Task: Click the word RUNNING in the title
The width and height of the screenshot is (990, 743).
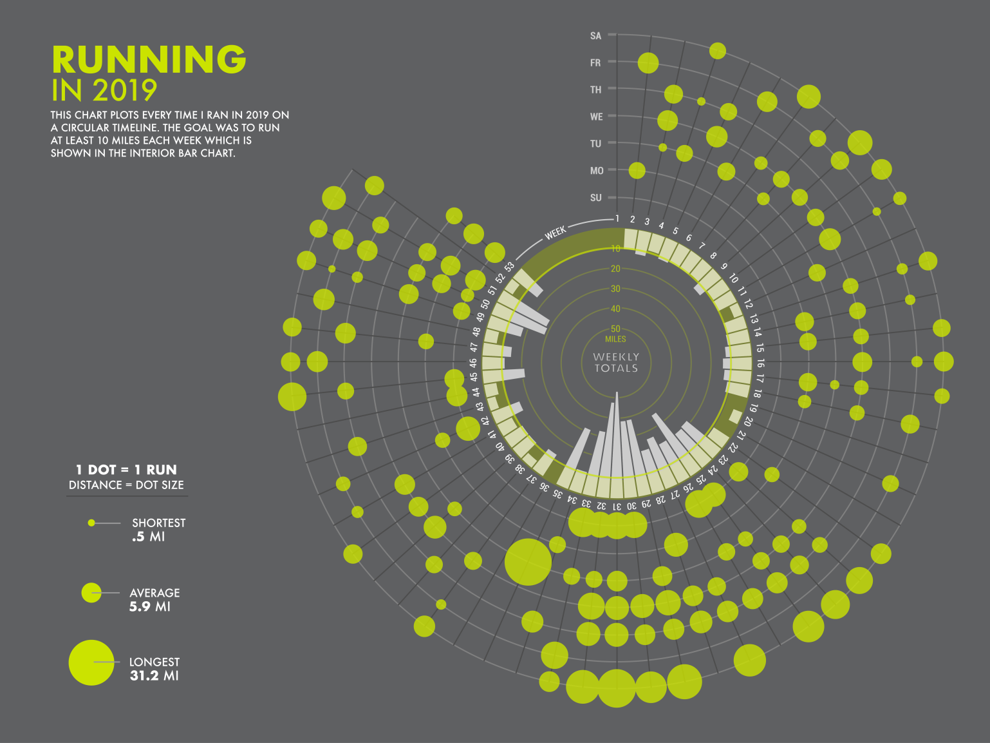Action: (x=149, y=60)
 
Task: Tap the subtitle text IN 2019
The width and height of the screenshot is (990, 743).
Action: (x=104, y=91)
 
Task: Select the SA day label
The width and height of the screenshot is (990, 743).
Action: (x=595, y=35)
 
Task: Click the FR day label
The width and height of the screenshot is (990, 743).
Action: (x=595, y=63)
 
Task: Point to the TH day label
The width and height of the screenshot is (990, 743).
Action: (x=595, y=90)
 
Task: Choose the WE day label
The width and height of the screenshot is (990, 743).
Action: (x=596, y=117)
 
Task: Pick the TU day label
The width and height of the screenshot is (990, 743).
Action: (x=595, y=144)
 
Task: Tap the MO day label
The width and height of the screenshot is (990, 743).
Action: (x=597, y=171)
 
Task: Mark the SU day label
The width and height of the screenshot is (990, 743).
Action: (x=595, y=198)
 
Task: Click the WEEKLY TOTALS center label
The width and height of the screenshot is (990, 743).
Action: (x=616, y=362)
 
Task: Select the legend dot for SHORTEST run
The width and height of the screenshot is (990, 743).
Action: (x=91, y=523)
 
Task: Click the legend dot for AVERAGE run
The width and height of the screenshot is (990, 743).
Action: (x=91, y=593)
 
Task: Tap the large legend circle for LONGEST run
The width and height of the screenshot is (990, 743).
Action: (x=91, y=662)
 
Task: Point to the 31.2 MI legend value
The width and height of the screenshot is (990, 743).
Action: (x=154, y=676)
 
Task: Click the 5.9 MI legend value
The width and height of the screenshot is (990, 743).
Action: (x=149, y=606)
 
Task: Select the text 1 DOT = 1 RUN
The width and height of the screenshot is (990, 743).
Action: (x=126, y=470)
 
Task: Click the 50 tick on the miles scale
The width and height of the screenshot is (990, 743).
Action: (x=615, y=329)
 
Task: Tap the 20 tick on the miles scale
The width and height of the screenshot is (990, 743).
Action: (x=615, y=269)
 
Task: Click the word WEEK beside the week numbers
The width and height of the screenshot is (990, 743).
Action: (x=556, y=232)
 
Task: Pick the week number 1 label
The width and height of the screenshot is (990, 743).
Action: (x=617, y=218)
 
